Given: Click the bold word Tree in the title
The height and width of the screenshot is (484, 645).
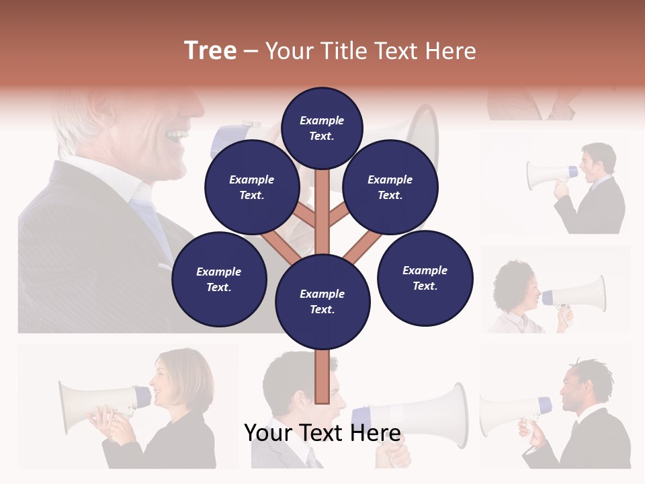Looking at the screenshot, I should click(x=210, y=50).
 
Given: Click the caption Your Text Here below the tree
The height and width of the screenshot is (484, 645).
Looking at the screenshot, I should click(x=322, y=433).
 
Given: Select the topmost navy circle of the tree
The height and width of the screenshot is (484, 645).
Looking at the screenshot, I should click(x=322, y=128).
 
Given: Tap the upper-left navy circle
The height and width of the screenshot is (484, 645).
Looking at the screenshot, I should click(x=251, y=188).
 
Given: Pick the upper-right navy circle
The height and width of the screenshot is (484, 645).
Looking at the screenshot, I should click(x=390, y=188).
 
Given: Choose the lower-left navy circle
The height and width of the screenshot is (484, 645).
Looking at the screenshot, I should click(x=219, y=279).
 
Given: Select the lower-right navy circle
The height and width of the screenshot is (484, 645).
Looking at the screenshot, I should click(x=425, y=278).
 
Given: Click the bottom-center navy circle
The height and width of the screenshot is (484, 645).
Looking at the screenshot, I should click(x=322, y=302).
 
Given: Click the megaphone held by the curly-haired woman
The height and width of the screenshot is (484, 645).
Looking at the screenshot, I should click(x=578, y=294).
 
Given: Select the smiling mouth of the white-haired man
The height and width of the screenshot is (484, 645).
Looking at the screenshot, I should click(x=177, y=138).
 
